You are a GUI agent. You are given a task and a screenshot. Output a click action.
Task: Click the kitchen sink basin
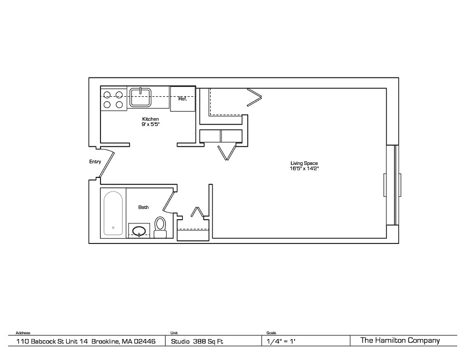click(x=140, y=97)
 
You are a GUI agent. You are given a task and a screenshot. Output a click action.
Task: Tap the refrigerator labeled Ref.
click(x=183, y=99)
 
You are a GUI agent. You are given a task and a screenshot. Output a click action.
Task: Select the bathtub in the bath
click(x=113, y=213)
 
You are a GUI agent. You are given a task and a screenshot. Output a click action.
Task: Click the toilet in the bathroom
click(x=161, y=227)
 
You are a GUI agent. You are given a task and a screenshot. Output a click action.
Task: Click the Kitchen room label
click(x=150, y=119)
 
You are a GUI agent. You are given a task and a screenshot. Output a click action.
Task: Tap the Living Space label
click(x=304, y=163)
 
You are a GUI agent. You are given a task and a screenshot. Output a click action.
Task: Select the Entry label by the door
click(x=95, y=162)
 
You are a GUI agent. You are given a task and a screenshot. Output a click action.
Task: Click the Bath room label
click(x=144, y=207)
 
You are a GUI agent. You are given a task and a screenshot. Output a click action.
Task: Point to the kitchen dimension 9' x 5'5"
click(x=150, y=125)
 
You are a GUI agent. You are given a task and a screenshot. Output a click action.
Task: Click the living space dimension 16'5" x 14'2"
click(x=304, y=169)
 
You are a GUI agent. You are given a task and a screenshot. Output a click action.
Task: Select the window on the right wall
click(x=392, y=185)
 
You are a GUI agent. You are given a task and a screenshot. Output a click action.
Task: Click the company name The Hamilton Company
click(x=400, y=341)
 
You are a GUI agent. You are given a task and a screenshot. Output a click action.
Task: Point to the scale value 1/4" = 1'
click(x=281, y=342)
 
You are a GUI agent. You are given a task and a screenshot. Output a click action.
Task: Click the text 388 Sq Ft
click(x=208, y=342)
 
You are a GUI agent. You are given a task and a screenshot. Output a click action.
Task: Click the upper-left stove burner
click(x=107, y=95)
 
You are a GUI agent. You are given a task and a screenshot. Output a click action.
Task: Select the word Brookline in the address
click(x=105, y=342)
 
